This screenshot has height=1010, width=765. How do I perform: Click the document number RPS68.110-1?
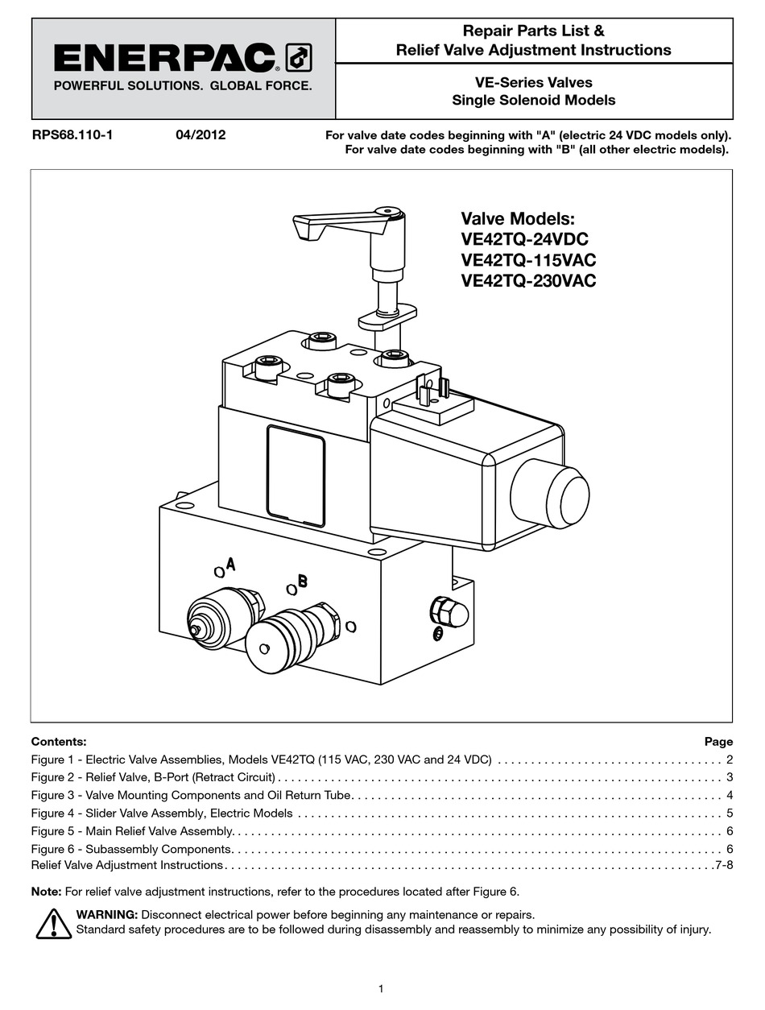(72, 135)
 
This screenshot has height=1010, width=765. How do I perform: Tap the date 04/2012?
(201, 135)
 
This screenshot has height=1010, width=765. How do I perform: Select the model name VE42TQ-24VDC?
(524, 239)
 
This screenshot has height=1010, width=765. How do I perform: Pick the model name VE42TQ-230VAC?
(528, 281)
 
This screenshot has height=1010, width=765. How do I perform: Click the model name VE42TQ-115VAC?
(528, 260)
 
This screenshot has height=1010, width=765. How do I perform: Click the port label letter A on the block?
(230, 564)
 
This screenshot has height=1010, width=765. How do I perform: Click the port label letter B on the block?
(302, 581)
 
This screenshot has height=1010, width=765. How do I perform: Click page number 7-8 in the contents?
(723, 866)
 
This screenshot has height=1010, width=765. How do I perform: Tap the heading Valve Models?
(518, 218)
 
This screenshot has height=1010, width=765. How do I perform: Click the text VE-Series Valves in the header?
(533, 82)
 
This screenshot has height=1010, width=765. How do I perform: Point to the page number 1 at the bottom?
(381, 989)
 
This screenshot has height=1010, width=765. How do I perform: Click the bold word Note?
(46, 892)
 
